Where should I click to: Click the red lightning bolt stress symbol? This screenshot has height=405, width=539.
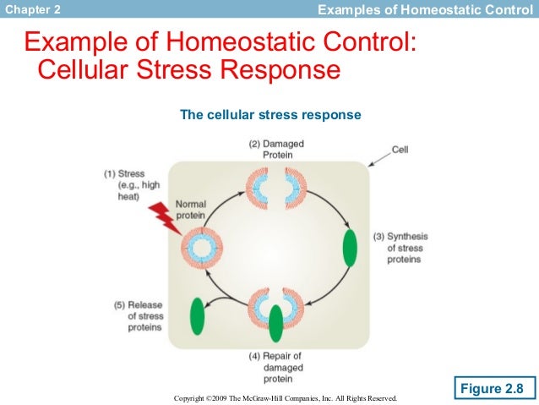[x=165, y=219]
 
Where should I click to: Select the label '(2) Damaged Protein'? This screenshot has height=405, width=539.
[x=276, y=149]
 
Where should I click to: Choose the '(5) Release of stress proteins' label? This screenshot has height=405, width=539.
[x=139, y=315]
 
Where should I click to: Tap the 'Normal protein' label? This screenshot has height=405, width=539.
[x=191, y=209]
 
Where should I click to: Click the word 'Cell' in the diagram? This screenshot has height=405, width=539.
[x=400, y=150]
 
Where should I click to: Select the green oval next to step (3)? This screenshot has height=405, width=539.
[x=349, y=247]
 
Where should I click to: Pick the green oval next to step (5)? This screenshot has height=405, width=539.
[x=197, y=315]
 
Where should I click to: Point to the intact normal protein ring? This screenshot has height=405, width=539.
[x=203, y=249]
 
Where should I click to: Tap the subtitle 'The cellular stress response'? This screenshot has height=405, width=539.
[x=270, y=114]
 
